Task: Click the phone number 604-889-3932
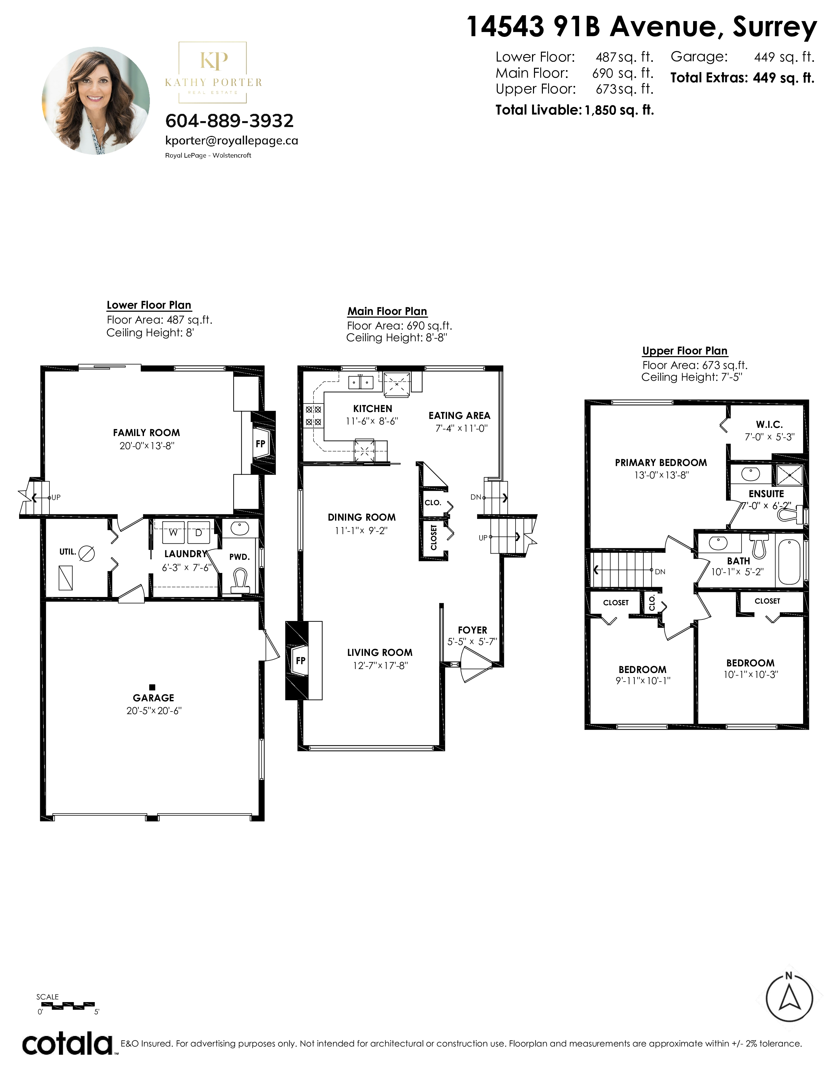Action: pos(229,121)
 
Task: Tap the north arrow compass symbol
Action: pos(789,998)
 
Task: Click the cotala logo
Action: pos(68,1044)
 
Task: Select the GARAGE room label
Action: pos(153,698)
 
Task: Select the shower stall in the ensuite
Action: pos(789,476)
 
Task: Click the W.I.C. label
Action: pos(769,424)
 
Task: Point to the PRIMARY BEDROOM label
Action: pos(661,462)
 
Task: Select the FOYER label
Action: pos(472,630)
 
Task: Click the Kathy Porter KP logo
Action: pos(213,72)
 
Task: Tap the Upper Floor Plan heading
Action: pos(685,350)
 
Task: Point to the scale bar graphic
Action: pos(67,1005)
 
